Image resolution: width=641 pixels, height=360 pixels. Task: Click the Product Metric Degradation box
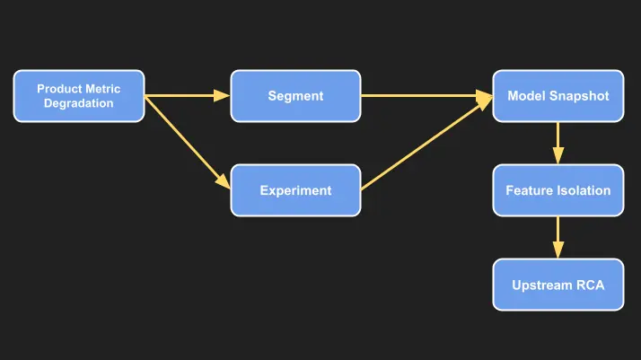79,96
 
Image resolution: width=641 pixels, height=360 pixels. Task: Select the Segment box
295,96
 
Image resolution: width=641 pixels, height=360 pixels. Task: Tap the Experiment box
295,190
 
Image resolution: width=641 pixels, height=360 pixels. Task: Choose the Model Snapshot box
558,96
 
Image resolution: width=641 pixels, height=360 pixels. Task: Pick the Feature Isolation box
558,190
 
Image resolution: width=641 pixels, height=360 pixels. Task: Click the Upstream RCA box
558,285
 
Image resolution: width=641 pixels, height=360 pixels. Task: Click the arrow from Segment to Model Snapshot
426,96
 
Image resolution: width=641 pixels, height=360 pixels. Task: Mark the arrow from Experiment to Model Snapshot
426,144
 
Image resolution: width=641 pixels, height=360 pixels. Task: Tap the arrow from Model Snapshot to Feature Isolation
558,143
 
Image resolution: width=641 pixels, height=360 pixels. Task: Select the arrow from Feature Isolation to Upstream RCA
558,238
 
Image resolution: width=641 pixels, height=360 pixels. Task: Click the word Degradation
79,103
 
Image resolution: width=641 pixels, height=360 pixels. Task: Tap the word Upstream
542,285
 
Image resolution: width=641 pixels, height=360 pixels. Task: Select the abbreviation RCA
589,285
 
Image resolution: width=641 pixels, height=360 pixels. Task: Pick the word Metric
102,89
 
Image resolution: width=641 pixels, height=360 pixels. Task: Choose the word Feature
527,190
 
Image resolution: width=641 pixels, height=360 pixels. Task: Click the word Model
526,96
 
